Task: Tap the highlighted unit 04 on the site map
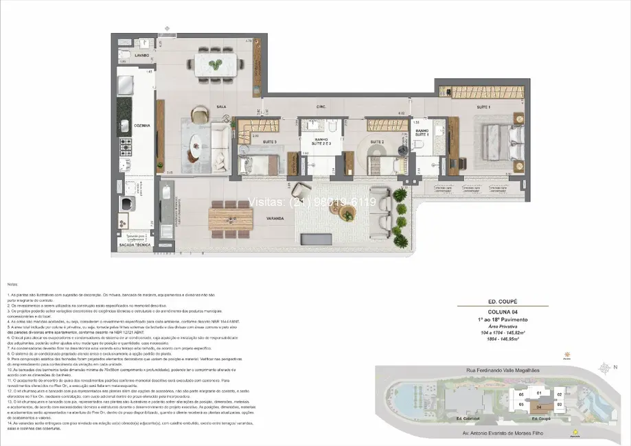point(540,407)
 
